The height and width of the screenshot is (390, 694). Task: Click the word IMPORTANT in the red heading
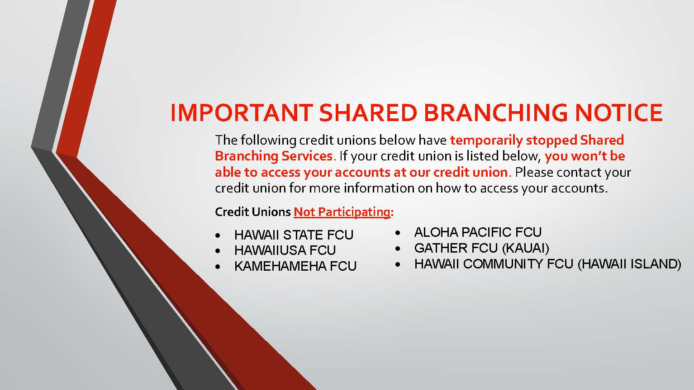(x=242, y=113)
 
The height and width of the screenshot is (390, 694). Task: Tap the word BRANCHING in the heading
(x=496, y=113)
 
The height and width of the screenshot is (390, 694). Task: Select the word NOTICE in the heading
(x=619, y=113)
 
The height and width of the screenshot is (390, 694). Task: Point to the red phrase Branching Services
(x=275, y=156)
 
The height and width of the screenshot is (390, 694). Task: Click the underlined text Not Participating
(x=342, y=212)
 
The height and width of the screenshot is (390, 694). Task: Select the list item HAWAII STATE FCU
(x=294, y=235)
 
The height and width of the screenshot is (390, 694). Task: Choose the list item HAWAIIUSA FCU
(x=285, y=250)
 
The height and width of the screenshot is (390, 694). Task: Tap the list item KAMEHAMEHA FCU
(x=295, y=266)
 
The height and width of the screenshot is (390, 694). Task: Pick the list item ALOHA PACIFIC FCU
(x=478, y=232)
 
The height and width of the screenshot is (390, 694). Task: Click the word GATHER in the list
(x=441, y=248)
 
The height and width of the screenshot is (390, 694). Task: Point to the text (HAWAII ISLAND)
(x=629, y=264)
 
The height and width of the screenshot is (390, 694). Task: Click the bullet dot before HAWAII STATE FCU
(x=218, y=236)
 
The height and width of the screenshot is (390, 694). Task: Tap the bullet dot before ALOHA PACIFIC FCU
(x=398, y=233)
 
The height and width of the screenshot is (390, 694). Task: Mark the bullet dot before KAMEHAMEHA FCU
(x=218, y=267)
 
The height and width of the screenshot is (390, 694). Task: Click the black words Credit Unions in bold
(x=253, y=212)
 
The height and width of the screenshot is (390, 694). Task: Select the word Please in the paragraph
(x=534, y=173)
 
